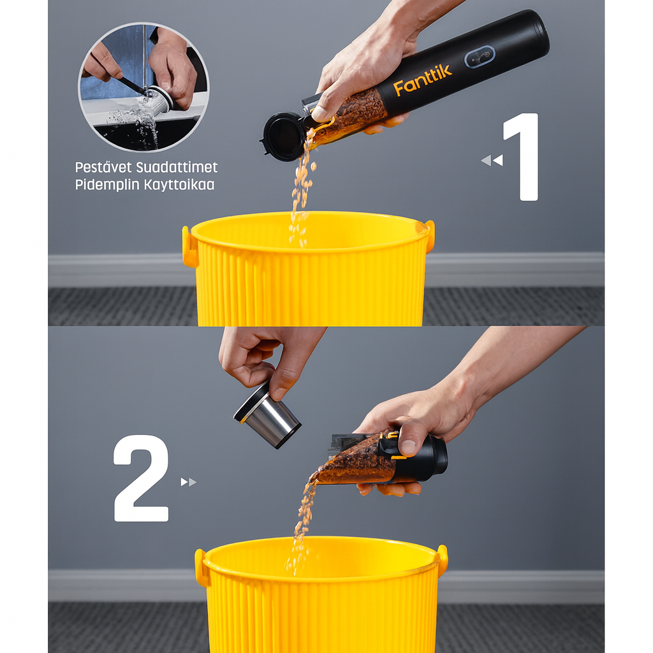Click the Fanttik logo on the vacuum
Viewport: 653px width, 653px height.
point(422,80)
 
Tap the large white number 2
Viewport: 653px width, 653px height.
point(141,478)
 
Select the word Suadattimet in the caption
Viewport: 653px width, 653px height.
point(177,168)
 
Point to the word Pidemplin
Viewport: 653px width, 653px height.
point(107,185)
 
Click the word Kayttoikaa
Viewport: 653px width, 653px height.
point(179,185)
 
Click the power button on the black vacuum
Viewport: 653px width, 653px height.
point(480,57)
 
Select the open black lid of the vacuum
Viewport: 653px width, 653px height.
point(282,136)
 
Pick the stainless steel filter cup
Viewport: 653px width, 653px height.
point(267,415)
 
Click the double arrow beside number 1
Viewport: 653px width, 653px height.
point(492,160)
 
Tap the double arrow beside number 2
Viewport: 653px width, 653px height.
point(188,482)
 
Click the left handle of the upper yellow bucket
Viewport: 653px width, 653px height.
point(189,247)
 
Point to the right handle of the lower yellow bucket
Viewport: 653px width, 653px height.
point(443,561)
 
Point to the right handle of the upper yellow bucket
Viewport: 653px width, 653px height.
point(430,236)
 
